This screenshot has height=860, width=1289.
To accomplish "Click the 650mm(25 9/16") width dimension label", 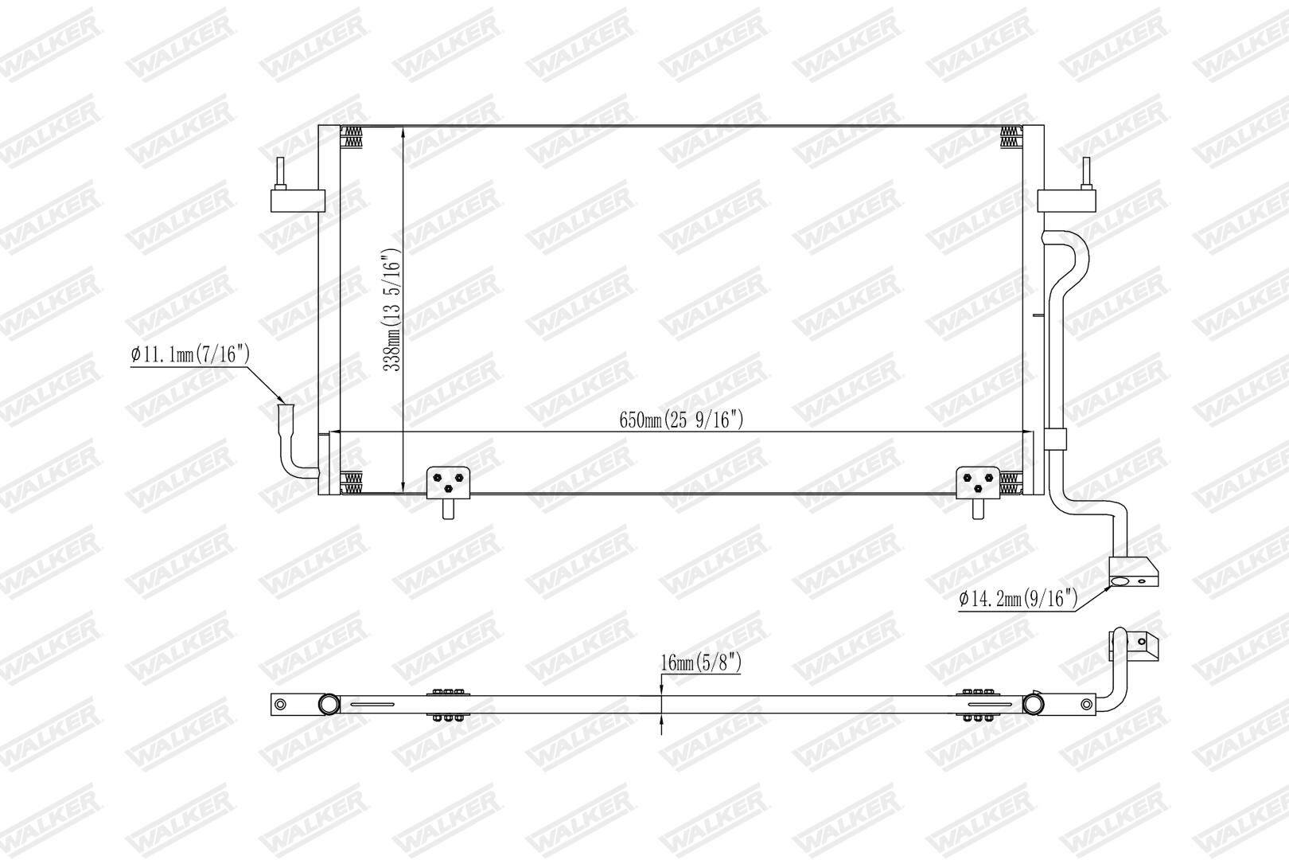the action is pyautogui.click(x=681, y=420).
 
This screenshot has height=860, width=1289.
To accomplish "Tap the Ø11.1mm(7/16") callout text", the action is pyautogui.click(x=190, y=354).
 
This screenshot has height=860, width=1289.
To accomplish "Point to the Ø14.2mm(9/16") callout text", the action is pyautogui.click(x=1018, y=599).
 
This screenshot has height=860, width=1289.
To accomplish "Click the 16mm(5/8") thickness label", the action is pyautogui.click(x=701, y=663).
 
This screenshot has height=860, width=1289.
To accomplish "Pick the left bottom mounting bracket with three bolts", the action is pyautogui.click(x=448, y=483).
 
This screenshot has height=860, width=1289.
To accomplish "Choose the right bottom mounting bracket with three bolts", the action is pyautogui.click(x=978, y=483).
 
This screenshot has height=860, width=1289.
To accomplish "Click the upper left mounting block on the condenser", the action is pyautogui.click(x=298, y=201).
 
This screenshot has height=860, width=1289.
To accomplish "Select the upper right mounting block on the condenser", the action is pyautogui.click(x=1066, y=201).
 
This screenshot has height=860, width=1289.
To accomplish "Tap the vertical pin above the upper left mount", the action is pyautogui.click(x=280, y=173).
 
